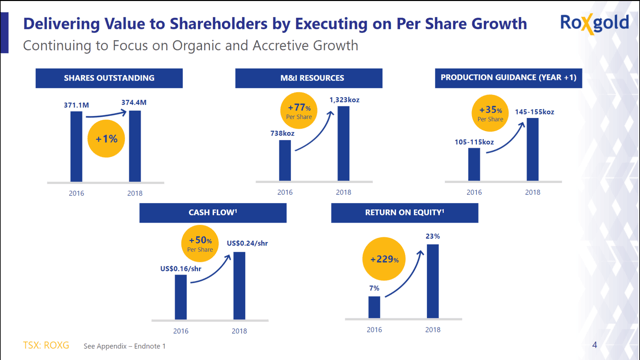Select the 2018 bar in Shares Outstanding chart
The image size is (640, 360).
pyautogui.click(x=135, y=148)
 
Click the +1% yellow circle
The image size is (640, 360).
pyautogui.click(x=107, y=139)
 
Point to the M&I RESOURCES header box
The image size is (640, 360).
pyautogui.click(x=309, y=78)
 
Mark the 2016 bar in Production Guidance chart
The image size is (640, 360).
pyautogui.click(x=474, y=164)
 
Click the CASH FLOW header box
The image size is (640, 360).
pyautogui.click(x=212, y=212)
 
